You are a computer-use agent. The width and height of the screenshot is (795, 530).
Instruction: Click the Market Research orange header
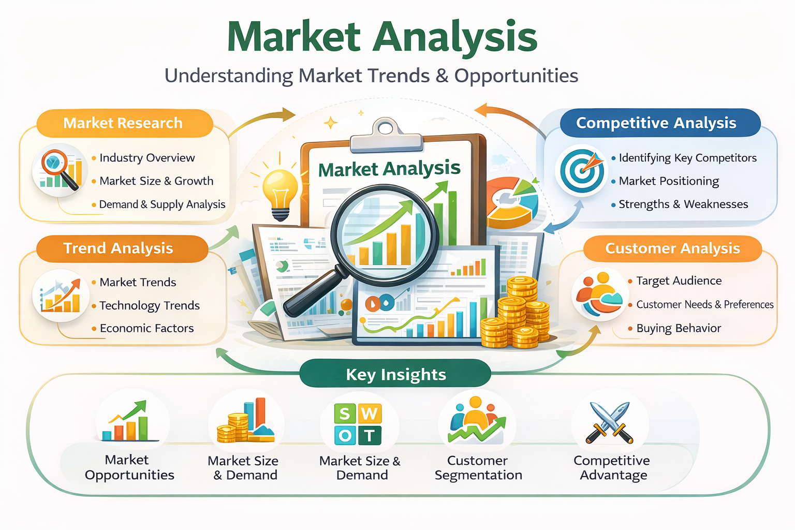click(x=123, y=123)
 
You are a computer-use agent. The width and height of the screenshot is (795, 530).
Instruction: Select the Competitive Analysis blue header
click(x=656, y=123)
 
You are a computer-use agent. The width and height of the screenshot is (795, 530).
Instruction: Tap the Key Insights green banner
click(x=395, y=374)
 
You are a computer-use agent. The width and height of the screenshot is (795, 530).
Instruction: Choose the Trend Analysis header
click(x=118, y=248)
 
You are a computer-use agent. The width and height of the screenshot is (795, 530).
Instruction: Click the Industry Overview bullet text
click(x=147, y=158)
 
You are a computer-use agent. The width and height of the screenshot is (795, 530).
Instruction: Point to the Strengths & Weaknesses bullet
click(x=683, y=204)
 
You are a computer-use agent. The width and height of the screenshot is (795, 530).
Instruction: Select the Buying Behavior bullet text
click(x=679, y=328)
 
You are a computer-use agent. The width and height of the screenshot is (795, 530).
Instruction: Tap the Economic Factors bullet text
click(x=146, y=328)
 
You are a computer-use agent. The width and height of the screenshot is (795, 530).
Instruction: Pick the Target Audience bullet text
click(x=679, y=281)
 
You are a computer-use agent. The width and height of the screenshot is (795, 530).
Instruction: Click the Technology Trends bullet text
click(x=150, y=305)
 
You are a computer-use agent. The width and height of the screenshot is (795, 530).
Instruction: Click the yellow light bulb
click(x=280, y=189)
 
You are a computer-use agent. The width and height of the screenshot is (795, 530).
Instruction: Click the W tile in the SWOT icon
click(x=369, y=414)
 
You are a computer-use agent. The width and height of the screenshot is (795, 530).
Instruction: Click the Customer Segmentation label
click(x=478, y=468)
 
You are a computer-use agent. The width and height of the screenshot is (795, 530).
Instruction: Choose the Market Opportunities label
click(x=129, y=467)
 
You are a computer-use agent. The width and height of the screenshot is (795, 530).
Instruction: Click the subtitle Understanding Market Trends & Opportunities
click(x=371, y=76)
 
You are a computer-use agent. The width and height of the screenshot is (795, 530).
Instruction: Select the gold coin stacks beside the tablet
click(x=518, y=316)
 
